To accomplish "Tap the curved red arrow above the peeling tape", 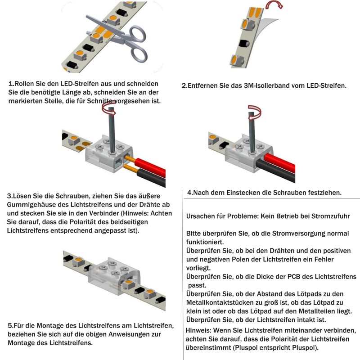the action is tap(274, 4).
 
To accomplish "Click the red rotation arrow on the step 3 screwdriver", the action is tap(109, 109).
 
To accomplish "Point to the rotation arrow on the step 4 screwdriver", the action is tap(255, 113).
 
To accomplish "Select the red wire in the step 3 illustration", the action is tap(149, 166).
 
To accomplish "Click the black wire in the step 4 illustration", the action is tap(275, 171).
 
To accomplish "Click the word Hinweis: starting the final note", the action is tap(198, 330).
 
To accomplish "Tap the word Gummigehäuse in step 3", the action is tap(31, 205).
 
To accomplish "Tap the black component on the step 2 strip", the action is tap(244, 44).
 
